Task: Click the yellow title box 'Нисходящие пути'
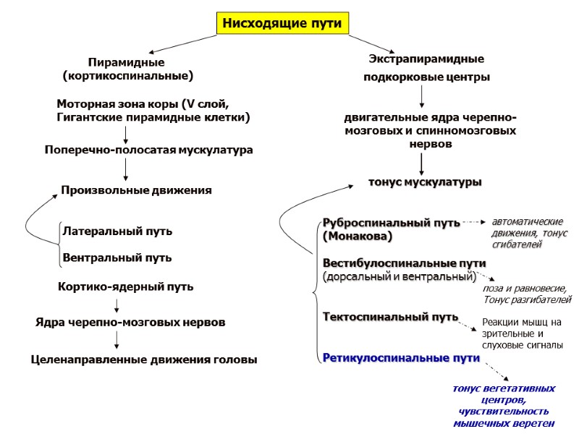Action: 284,24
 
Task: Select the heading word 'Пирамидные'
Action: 126,62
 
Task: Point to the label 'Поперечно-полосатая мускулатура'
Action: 148,150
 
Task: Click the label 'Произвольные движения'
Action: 136,190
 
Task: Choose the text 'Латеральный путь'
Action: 117,231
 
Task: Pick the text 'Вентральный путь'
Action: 117,257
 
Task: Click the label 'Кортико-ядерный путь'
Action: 125,286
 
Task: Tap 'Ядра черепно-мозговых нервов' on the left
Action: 130,321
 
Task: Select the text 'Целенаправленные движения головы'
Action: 144,359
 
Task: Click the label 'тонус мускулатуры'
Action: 425,182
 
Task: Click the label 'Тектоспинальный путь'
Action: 390,317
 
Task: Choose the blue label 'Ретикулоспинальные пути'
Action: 401,357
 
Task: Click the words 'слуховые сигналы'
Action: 522,345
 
